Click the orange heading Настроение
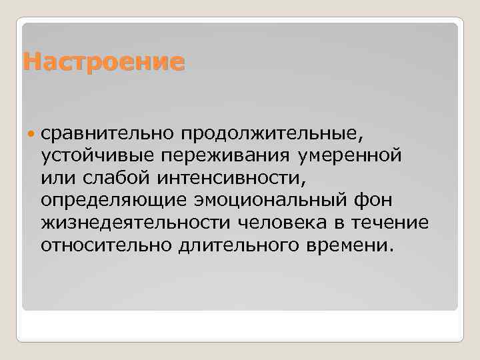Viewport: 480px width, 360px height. click(103, 62)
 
